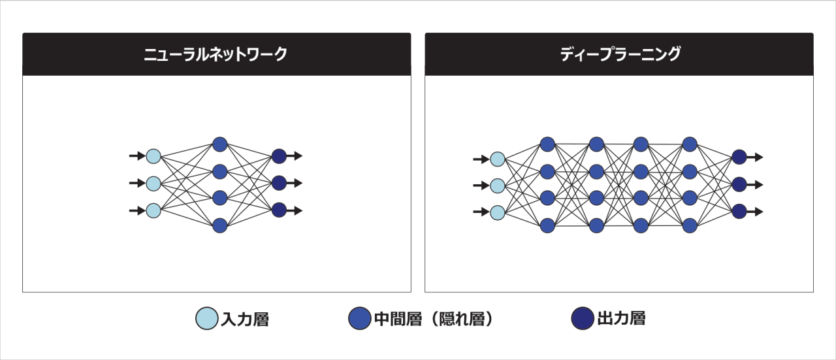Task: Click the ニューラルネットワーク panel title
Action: (216, 54)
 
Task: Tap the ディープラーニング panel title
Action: (619, 54)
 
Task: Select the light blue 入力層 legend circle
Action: (207, 319)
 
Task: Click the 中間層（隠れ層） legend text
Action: (433, 319)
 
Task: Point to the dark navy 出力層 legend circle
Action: (581, 318)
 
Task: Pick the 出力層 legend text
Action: (620, 318)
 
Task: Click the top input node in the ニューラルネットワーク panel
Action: (153, 156)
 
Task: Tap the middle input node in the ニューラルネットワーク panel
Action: (153, 183)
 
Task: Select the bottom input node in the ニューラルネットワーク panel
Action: (153, 210)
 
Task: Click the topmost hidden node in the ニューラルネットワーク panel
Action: (220, 144)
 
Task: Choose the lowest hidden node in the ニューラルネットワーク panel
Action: (220, 225)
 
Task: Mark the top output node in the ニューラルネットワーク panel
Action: (279, 156)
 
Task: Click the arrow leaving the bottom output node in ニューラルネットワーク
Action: (294, 210)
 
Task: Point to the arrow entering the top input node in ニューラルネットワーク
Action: (137, 156)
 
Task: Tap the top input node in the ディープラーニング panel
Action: (498, 158)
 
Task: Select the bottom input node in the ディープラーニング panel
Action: (498, 212)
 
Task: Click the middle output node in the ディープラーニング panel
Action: (739, 184)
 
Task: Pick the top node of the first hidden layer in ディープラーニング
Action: (547, 144)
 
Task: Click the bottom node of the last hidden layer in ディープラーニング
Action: (690, 225)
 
